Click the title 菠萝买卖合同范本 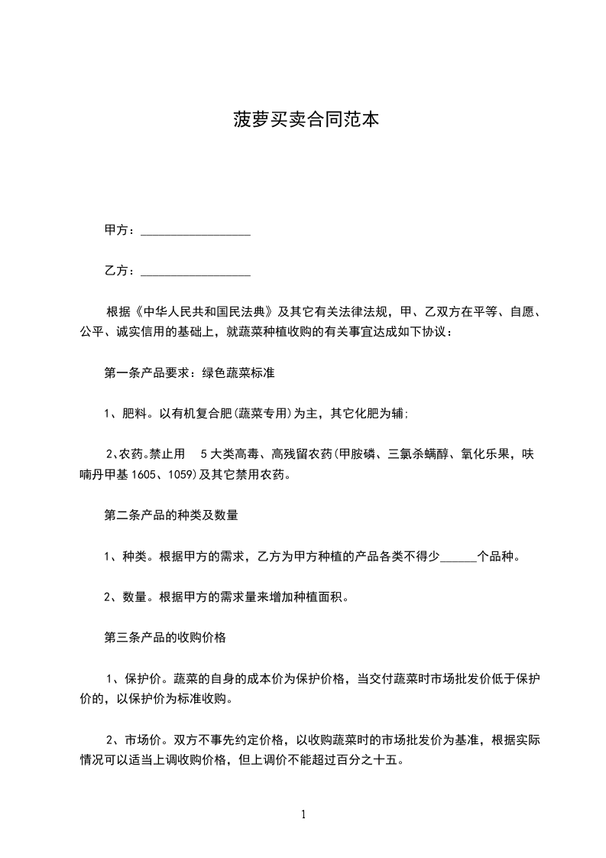pyautogui.click(x=306, y=120)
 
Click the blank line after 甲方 pyautogui.click(x=196, y=231)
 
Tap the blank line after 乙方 pyautogui.click(x=196, y=271)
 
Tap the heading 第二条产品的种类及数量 pyautogui.click(x=171, y=515)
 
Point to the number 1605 pyautogui.click(x=145, y=475)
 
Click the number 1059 pyautogui.click(x=182, y=475)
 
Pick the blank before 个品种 pyautogui.click(x=459, y=557)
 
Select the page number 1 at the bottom pyautogui.click(x=303, y=815)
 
